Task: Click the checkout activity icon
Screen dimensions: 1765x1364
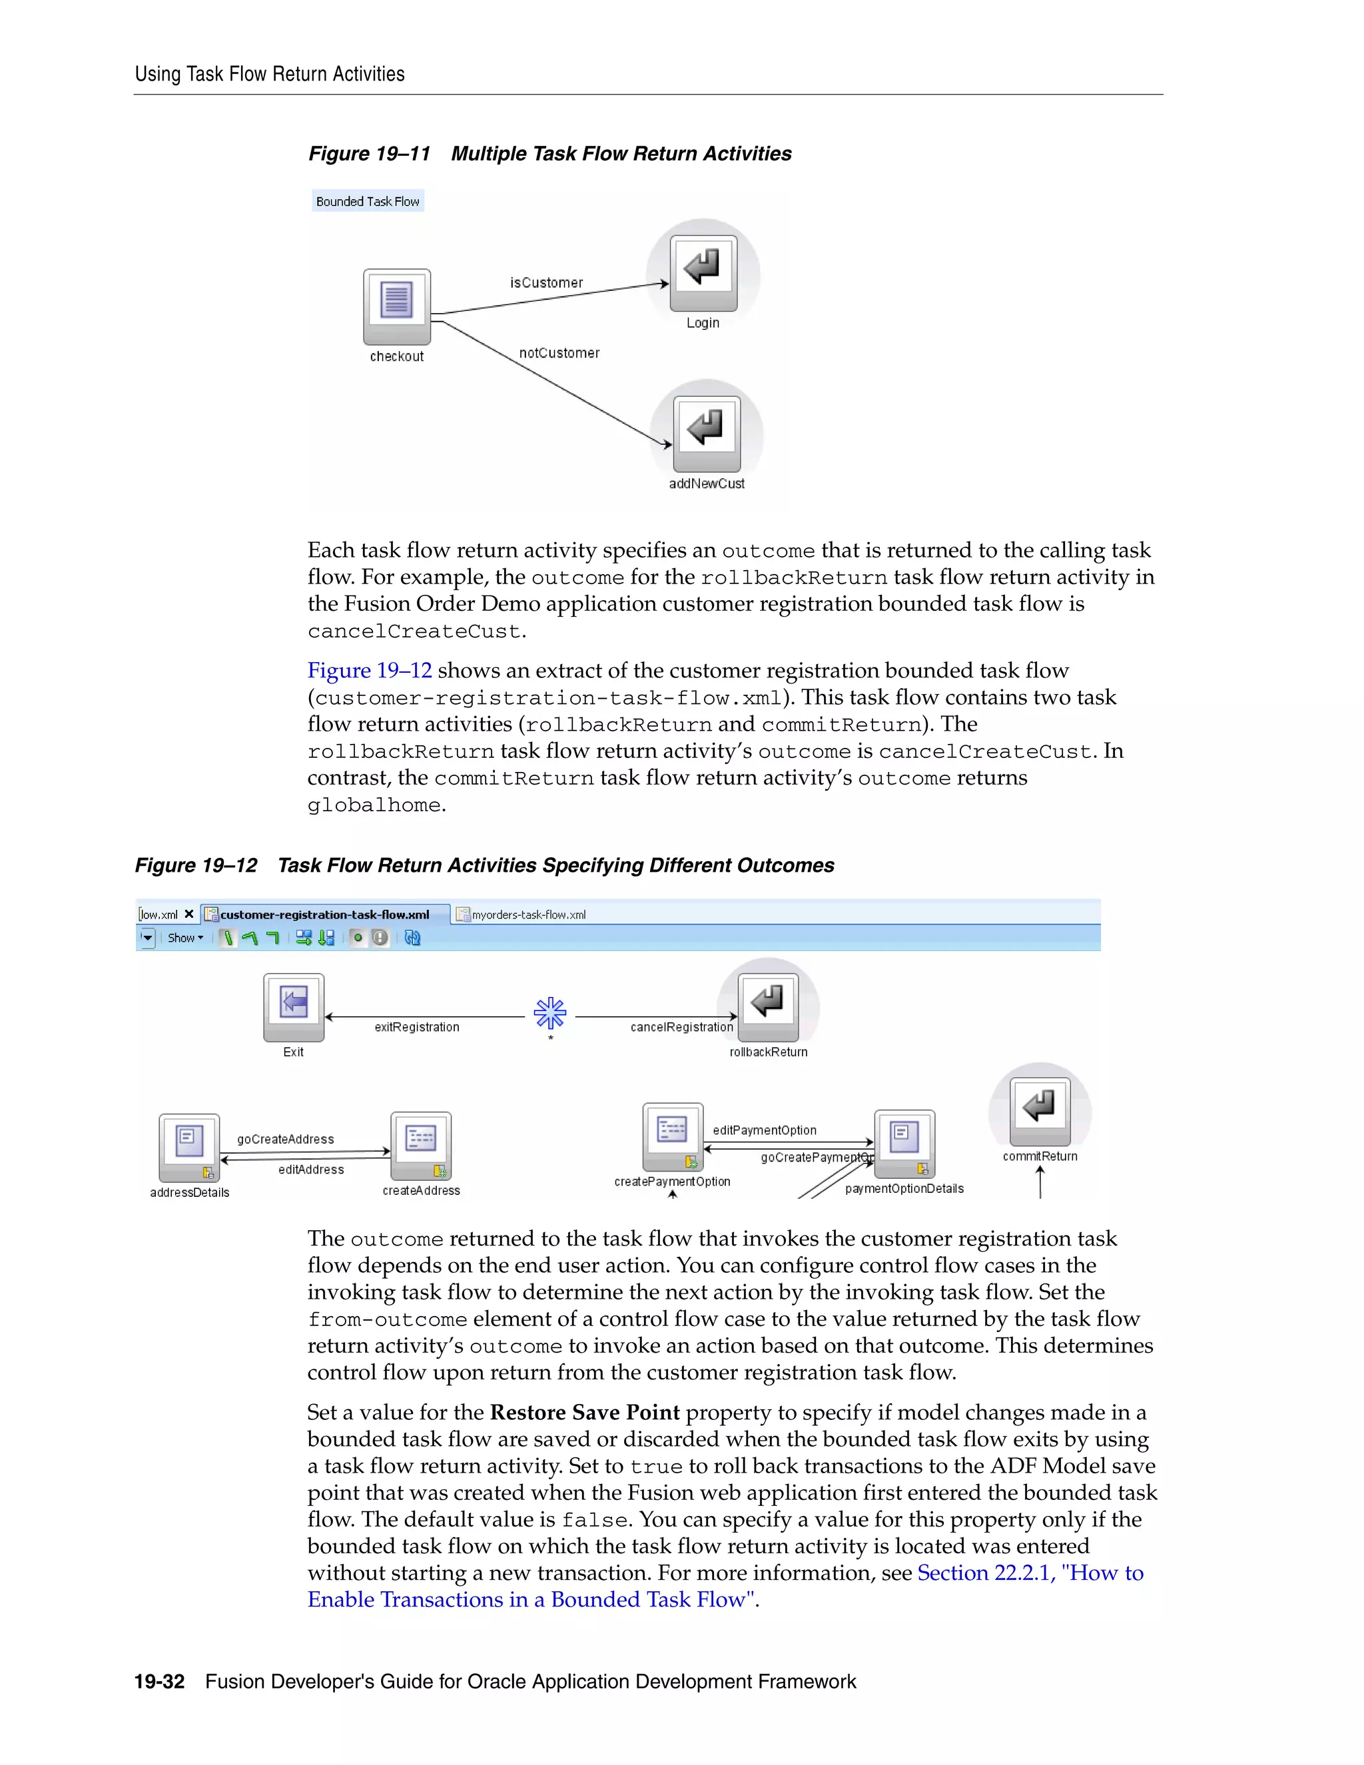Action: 397,306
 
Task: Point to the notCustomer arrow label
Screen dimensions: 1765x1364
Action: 559,353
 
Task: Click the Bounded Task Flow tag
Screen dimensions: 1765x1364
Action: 368,201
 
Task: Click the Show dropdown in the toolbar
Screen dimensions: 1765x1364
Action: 185,938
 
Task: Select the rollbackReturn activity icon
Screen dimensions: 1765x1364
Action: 769,1007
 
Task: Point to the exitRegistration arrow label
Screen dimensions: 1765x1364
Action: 417,1027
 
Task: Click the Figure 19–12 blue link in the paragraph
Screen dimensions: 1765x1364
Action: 369,671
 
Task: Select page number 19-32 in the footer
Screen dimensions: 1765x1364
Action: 159,1682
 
